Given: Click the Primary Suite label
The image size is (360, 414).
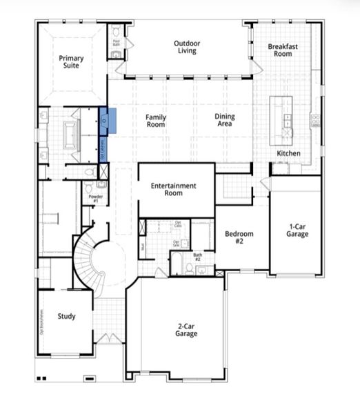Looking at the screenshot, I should tap(71, 63).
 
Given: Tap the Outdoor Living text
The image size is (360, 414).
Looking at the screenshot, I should tap(186, 47).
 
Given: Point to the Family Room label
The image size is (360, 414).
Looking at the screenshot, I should tap(156, 121).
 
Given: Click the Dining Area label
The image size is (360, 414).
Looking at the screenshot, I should tap(225, 121).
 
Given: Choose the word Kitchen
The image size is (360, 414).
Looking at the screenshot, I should tap(288, 152).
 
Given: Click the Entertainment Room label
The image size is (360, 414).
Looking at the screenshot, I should tap(174, 190).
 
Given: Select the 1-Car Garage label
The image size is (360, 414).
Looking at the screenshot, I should tap(298, 230).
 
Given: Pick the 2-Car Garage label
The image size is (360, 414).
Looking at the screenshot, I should tap(186, 329).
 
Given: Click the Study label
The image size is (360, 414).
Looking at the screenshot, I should tap(66, 317).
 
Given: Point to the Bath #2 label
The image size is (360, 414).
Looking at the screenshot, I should tap(197, 257).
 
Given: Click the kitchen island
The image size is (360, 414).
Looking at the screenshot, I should tap(282, 118).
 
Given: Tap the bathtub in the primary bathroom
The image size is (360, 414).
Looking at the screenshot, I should tap(71, 132).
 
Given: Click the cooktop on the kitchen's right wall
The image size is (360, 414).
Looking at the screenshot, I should tap(316, 120).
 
